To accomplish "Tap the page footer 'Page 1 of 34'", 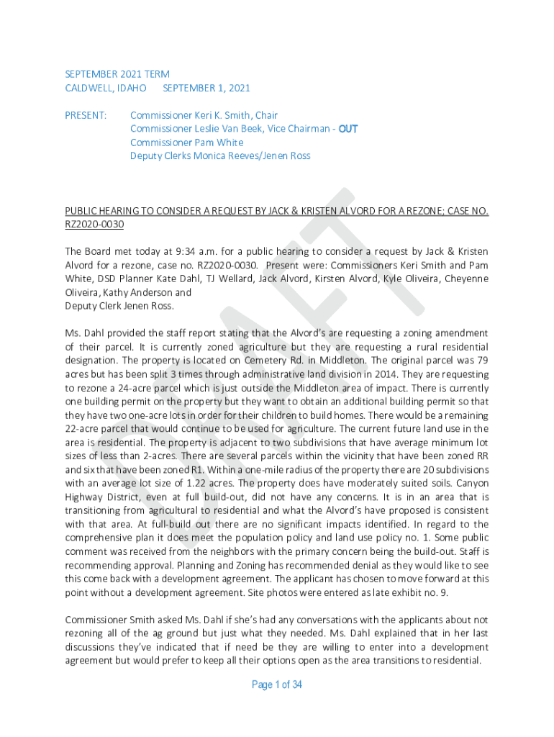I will click(277, 684).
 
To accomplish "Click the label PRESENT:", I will click(86, 115).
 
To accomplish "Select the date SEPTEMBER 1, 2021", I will click(206, 88).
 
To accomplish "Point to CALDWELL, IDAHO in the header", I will click(106, 88).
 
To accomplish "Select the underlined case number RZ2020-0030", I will click(94, 225).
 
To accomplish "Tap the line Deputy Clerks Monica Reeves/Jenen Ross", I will click(220, 156).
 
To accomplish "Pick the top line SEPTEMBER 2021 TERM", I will click(117, 74).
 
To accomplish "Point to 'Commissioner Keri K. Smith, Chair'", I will click(204, 115).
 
